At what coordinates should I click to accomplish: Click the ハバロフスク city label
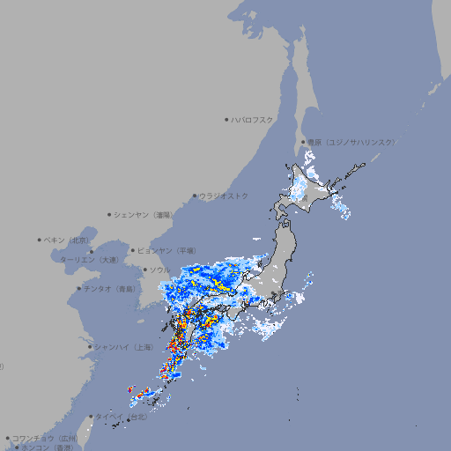pos(253,119)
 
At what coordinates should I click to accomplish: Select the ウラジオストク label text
pos(224,196)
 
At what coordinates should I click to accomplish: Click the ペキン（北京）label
pos(68,240)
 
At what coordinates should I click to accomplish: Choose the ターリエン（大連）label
pos(89,260)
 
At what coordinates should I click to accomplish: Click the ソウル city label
pos(159,270)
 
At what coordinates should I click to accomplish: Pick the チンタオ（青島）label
pos(108,288)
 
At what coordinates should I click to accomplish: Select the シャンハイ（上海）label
pos(125,347)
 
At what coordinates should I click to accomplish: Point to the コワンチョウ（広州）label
pos(44,438)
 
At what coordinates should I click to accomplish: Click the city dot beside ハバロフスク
pos(226,119)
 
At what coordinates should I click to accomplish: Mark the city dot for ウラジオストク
pos(195,196)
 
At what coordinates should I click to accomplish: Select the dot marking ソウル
pos(144,270)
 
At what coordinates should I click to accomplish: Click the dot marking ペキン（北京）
pos(40,240)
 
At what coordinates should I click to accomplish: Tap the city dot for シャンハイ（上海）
pos(90,347)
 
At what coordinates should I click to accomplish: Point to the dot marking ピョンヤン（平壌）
pos(133,250)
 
